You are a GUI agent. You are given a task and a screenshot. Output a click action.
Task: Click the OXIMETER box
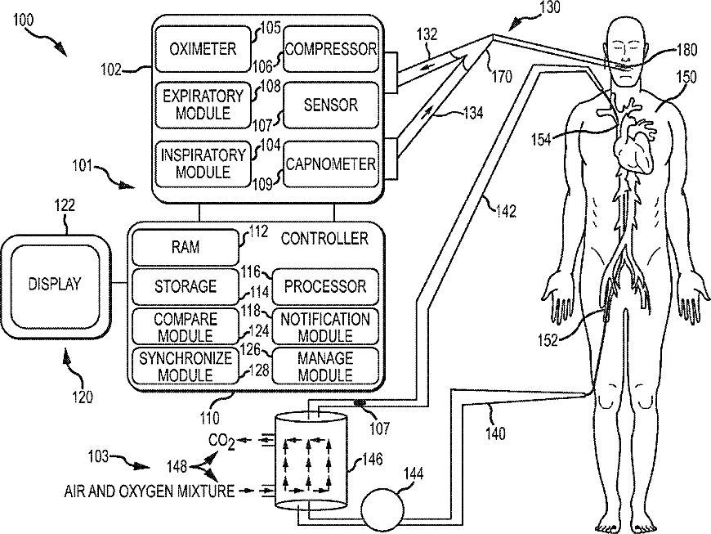point(203,49)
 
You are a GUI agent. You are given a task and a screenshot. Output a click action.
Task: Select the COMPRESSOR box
point(331,49)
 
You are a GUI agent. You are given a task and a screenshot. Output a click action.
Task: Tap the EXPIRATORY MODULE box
point(203,105)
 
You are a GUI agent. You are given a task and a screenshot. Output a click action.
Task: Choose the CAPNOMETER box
point(331,164)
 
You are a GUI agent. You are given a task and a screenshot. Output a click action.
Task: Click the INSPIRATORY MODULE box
point(203,164)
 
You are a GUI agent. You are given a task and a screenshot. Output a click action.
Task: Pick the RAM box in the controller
point(185,247)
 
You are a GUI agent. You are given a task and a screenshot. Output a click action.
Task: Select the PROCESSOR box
point(325,286)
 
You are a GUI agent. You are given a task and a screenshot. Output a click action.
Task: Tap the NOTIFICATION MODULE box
point(325,326)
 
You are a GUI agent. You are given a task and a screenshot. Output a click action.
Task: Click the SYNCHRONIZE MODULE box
point(185,366)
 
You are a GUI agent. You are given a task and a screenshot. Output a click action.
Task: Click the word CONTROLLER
point(324,239)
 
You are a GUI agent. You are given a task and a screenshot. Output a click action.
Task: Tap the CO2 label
point(221,442)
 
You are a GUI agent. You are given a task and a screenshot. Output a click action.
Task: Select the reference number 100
point(23,20)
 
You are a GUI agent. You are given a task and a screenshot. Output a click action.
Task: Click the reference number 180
point(686,49)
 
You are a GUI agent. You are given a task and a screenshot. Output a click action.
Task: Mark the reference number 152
point(548,340)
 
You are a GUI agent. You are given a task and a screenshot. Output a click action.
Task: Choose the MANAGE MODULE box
point(325,366)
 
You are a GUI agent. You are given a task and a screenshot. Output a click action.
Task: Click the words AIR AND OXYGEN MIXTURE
point(150,491)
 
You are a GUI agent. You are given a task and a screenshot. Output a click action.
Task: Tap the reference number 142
point(506,211)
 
